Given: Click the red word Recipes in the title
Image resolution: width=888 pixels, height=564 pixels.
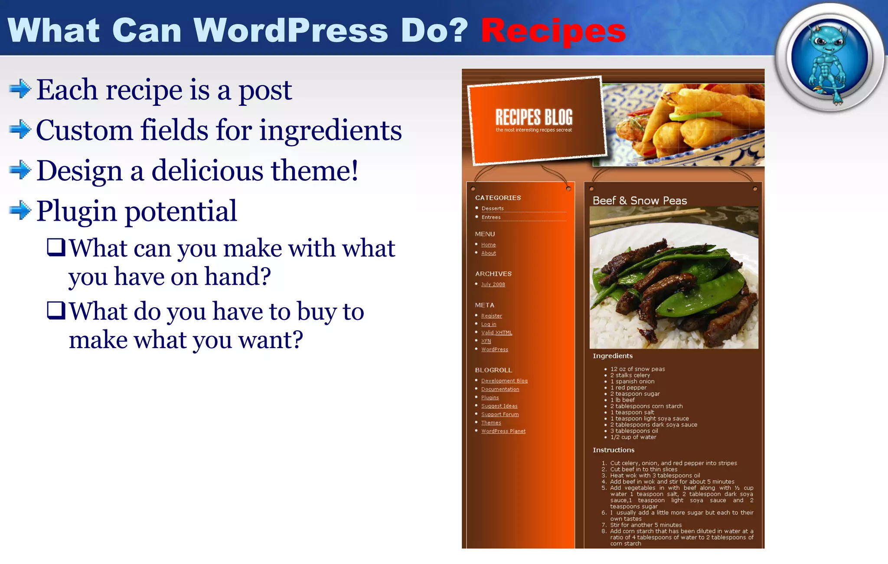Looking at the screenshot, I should pos(553,31).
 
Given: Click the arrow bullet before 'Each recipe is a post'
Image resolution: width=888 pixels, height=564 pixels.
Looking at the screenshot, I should pos(20,89).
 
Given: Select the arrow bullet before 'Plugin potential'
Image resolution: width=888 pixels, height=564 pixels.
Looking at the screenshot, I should pos(20,211).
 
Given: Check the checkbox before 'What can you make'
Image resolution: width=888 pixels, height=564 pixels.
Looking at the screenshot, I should pos(56,247).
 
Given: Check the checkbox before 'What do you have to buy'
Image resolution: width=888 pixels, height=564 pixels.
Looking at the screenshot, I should pos(56,310).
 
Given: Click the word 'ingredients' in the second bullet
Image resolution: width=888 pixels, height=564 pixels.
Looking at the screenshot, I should pos(330,130).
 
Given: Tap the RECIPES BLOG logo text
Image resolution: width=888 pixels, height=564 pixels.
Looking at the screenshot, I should pos(534,117).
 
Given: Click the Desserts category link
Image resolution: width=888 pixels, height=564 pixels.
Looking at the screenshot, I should pos(493,209).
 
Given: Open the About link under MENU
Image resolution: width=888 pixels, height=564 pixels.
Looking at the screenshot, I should pos(488,253).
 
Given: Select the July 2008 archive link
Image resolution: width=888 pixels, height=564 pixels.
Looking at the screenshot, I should pos(493,284).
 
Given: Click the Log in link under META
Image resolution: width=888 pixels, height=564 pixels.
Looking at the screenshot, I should pos(489,324).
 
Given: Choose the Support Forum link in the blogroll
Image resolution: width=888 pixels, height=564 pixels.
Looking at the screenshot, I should pos(499,414).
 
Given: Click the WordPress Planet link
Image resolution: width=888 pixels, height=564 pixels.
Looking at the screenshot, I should pos(503,431).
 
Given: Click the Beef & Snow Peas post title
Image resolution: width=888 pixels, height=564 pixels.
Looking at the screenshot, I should pos(640,201).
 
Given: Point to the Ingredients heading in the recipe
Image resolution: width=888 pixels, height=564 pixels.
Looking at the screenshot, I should pos(613,356).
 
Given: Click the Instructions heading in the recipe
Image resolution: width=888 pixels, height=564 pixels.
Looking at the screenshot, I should pos(614,450).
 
